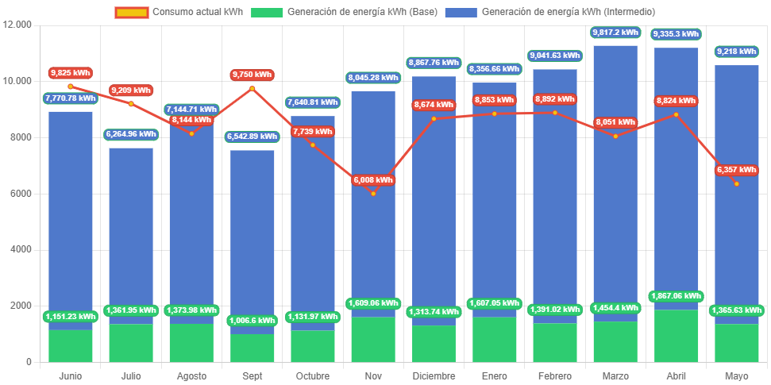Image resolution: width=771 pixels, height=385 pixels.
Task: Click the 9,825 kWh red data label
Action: (70, 73)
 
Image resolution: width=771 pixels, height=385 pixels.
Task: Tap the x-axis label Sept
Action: (252, 375)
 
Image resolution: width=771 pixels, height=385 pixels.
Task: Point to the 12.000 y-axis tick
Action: (17, 25)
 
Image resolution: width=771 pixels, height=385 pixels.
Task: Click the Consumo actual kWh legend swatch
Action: (131, 12)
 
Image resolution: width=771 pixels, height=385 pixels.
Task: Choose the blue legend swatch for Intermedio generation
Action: (461, 12)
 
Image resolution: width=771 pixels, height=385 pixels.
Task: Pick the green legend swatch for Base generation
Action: (267, 12)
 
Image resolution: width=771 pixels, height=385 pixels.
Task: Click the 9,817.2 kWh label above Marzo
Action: (615, 33)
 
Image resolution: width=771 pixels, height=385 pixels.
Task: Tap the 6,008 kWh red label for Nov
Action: (372, 180)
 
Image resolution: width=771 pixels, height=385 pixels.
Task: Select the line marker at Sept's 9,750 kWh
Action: (252, 88)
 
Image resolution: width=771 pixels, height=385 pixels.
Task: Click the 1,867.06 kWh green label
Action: (676, 296)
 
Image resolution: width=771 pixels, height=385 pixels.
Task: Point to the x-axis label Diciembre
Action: (434, 375)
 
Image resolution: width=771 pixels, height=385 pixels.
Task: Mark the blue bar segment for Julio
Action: (131, 230)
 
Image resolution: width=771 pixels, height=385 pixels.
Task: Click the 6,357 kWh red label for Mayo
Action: (737, 170)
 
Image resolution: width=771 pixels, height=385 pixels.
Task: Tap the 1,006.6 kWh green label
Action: (252, 320)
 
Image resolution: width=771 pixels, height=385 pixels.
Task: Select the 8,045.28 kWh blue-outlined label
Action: (373, 78)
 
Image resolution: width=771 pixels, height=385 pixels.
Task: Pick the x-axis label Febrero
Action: (555, 375)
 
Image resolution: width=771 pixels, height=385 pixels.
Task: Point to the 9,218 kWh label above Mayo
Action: (737, 52)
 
